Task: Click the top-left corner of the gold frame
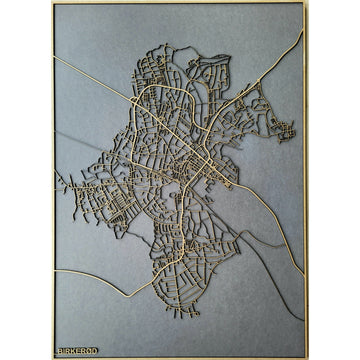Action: (54, 3)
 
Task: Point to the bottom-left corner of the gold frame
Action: (54, 357)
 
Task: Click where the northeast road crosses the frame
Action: (303, 31)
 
